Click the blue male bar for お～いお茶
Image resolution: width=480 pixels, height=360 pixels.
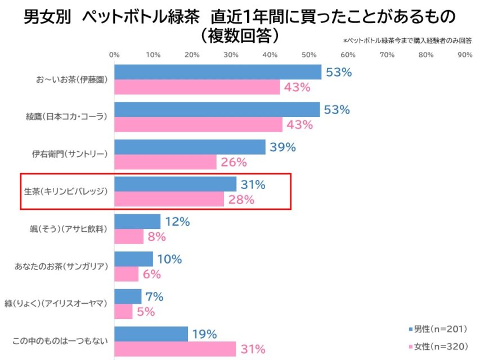[x=218, y=72]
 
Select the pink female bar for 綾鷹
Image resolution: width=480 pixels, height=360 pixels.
[x=198, y=124]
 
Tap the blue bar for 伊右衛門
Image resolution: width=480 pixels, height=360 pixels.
[x=190, y=147]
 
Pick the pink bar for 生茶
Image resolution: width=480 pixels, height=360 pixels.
[x=169, y=199]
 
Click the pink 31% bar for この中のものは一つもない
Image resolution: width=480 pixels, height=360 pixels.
[x=175, y=349]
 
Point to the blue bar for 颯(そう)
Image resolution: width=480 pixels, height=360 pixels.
[x=137, y=222]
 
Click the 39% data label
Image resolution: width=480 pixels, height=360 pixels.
[x=282, y=147]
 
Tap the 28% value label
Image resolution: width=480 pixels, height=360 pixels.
[x=241, y=200]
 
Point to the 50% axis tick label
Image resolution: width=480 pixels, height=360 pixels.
[x=309, y=55]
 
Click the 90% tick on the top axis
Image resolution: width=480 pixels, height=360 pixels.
[x=465, y=55]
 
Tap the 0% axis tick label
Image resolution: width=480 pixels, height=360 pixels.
[x=114, y=55]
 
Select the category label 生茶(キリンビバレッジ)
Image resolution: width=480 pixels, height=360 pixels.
[x=66, y=192]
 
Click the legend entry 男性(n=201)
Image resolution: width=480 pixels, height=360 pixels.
[x=437, y=328]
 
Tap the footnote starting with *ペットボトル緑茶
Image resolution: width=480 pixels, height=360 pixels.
[x=407, y=40]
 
